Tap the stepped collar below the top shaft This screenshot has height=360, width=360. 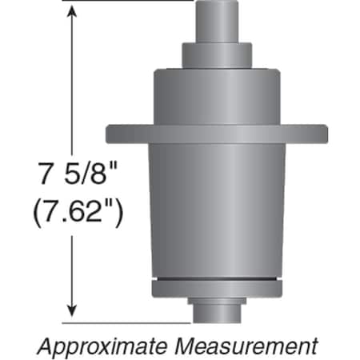(215, 54)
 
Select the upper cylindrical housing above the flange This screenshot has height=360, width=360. (215, 96)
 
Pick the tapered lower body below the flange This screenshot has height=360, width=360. (215, 208)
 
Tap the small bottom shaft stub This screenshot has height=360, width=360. (215, 309)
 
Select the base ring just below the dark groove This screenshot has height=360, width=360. (215, 289)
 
